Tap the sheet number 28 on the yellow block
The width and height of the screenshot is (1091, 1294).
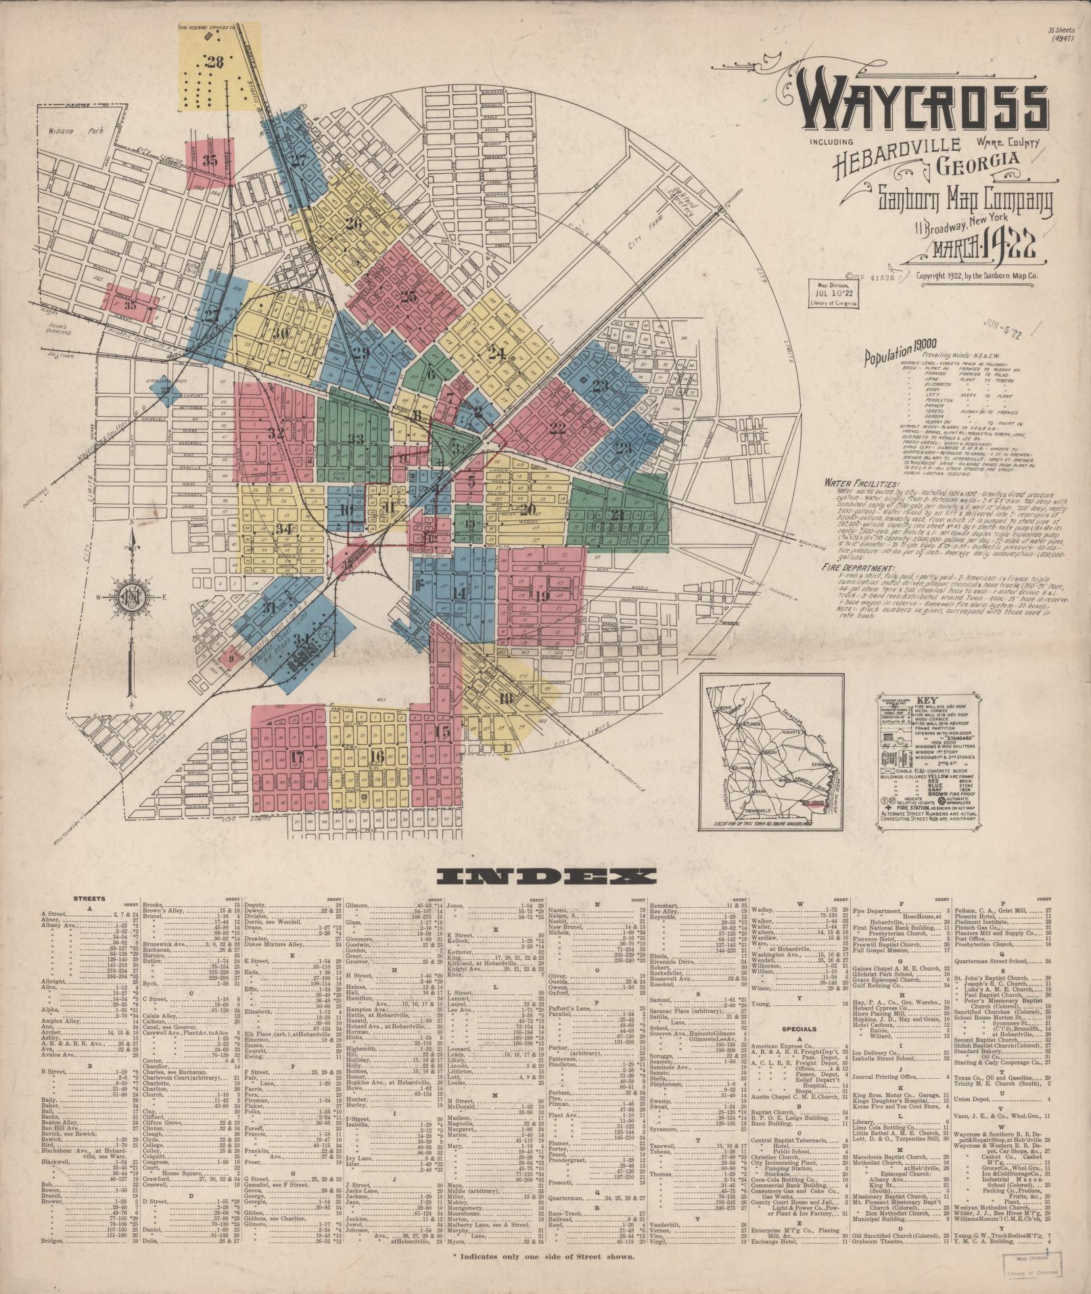[215, 63]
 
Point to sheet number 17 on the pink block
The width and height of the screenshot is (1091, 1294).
[296, 758]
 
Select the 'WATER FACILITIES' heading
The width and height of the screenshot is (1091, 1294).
[861, 484]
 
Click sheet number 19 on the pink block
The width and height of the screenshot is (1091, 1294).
[541, 597]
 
